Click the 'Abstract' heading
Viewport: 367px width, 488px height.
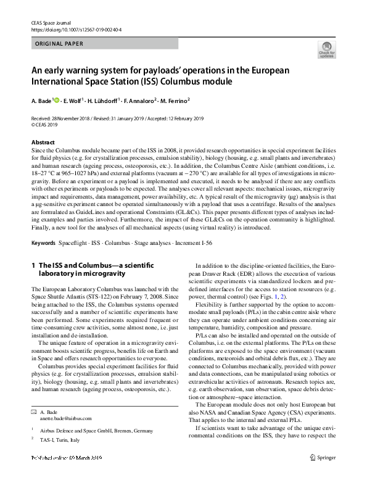(x=43, y=142)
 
